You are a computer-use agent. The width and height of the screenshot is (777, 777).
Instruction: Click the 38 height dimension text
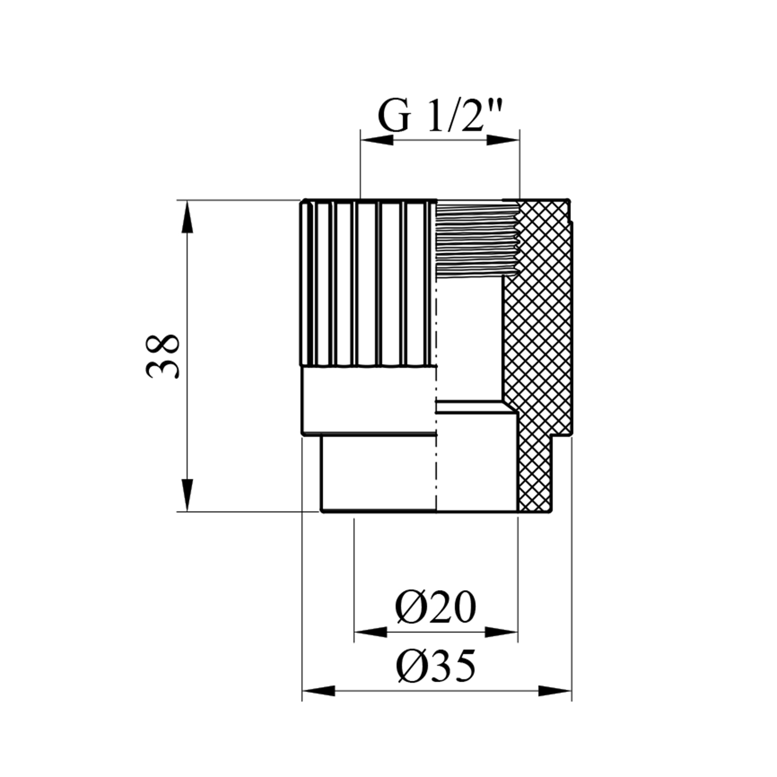point(163,356)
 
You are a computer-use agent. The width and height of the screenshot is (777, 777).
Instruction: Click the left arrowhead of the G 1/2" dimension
point(377,139)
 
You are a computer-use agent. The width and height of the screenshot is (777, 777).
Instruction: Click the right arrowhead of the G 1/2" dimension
point(503,139)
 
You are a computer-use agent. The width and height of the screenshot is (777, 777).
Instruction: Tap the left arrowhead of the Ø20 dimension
point(370,632)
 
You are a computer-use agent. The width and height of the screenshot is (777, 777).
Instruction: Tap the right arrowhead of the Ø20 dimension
point(501,632)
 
